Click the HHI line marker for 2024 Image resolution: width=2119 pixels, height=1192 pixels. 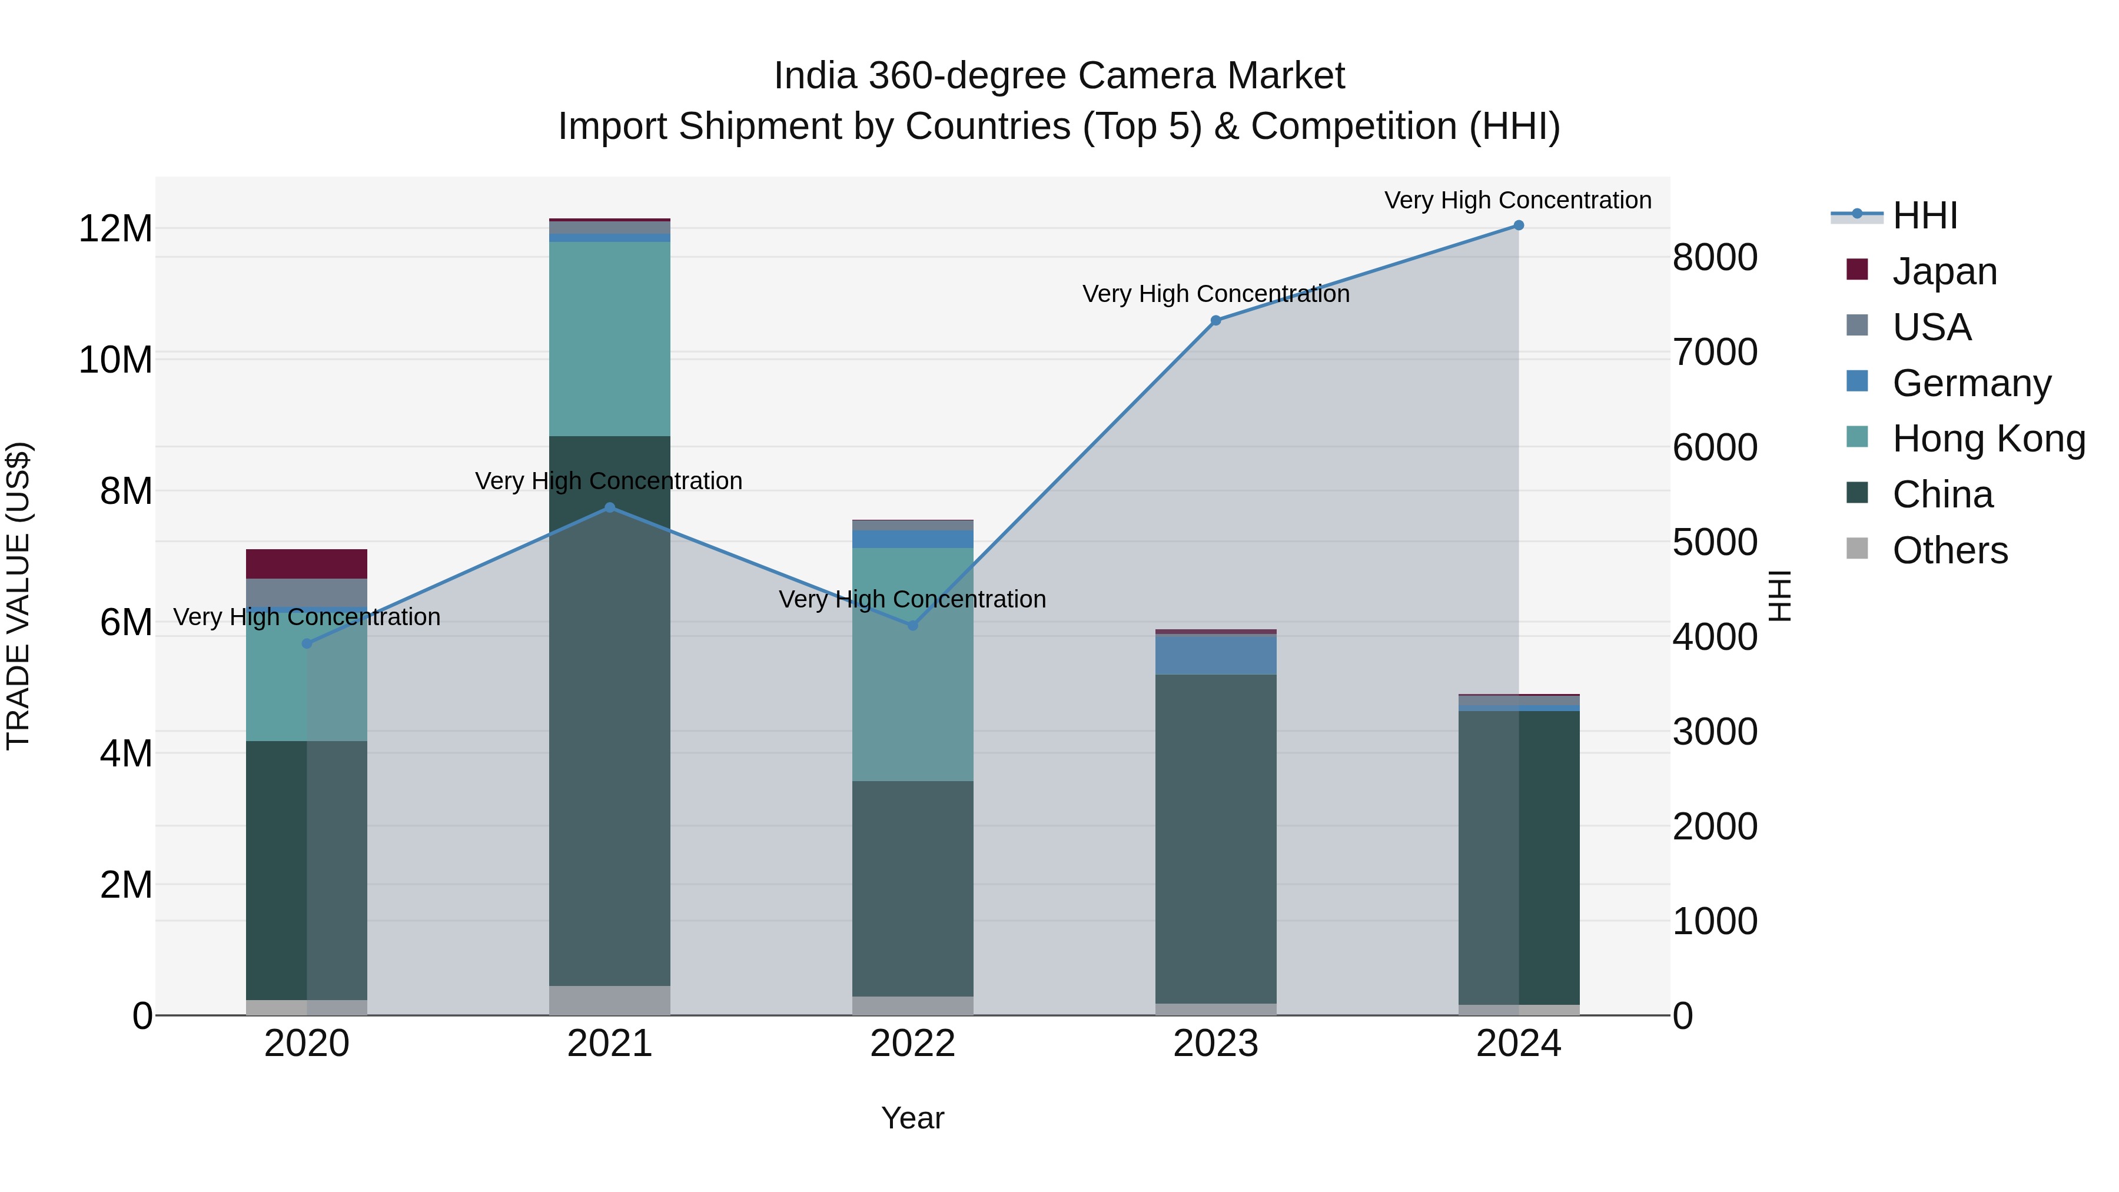1519,225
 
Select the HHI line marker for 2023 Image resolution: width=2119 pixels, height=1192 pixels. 1216,321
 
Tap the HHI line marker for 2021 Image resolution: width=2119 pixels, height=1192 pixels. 610,507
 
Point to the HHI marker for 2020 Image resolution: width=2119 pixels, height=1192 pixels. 307,643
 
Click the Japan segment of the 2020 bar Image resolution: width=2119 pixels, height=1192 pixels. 307,565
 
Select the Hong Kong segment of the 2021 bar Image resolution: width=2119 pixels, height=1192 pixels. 610,339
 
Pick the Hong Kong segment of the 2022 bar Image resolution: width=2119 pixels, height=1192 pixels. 912,665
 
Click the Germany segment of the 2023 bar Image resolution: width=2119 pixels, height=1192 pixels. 1216,655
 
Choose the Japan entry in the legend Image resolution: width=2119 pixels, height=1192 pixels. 1945,271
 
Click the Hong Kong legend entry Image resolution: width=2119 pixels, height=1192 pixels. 1988,439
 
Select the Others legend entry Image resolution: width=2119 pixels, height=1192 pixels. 1949,550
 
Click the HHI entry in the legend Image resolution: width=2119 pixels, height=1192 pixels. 1925,215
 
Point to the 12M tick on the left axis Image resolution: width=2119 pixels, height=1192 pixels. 115,229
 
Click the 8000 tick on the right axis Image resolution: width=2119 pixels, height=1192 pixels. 1715,257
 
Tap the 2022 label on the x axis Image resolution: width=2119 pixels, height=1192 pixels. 912,1044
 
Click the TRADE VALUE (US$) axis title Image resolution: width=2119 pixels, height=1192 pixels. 18,596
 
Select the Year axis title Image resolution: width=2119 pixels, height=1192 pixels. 912,1118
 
